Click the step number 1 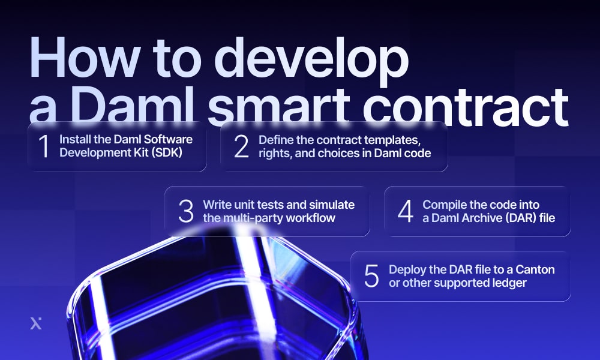click(x=43, y=148)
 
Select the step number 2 click(x=241, y=148)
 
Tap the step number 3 click(x=185, y=211)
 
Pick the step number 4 click(x=406, y=211)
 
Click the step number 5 click(x=371, y=276)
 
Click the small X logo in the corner click(x=36, y=323)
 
